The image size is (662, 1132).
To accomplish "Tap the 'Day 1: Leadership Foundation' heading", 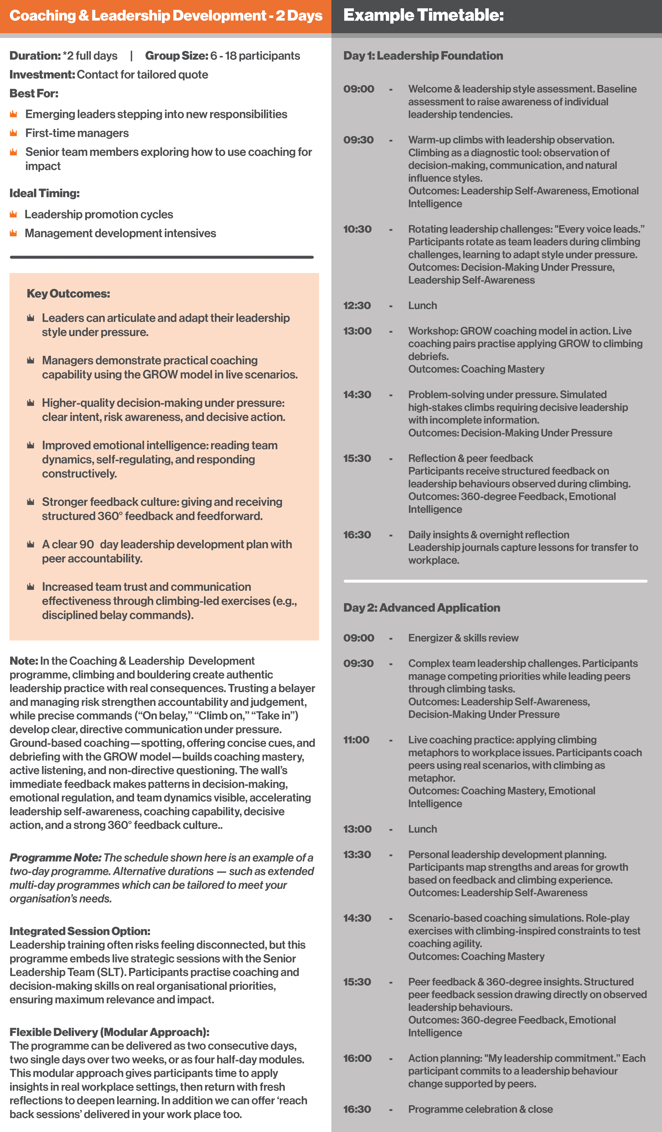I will [423, 56].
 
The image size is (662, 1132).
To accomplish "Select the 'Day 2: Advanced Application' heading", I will [422, 608].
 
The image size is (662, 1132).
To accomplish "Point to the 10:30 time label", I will [357, 229].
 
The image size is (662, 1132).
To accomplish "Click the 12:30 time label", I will [357, 305].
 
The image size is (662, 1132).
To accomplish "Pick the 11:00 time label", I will [356, 740].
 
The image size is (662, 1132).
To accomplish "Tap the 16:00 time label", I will [357, 1058].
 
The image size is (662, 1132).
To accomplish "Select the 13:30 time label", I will [357, 854].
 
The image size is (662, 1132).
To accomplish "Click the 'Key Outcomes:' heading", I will [68, 294].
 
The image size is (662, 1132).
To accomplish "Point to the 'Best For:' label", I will [34, 93].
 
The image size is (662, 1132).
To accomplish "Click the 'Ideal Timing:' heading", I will [45, 193].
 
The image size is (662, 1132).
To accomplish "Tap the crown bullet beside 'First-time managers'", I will [13, 133].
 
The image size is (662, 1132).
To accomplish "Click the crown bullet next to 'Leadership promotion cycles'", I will [13, 214].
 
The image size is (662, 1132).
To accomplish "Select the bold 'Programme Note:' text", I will [55, 857].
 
